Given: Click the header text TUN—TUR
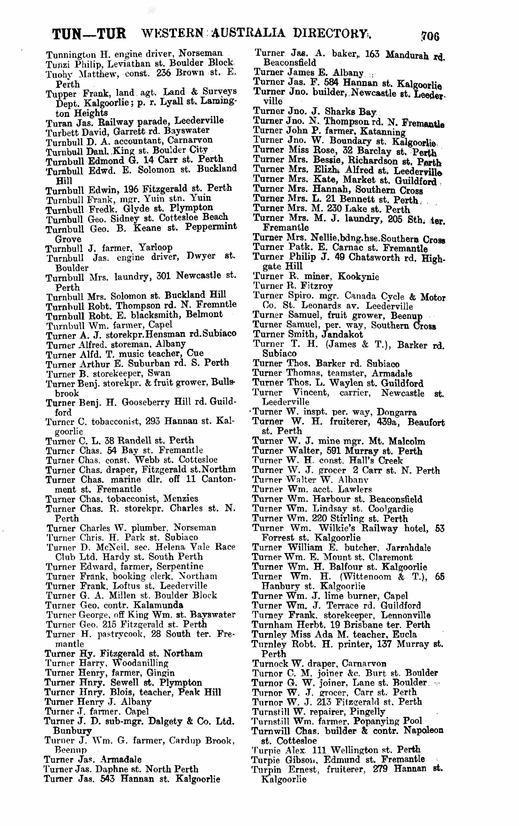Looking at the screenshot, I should point(89,34).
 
